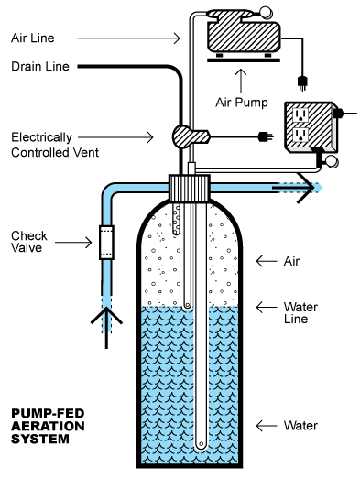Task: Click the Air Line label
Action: (33, 38)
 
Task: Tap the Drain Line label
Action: (40, 66)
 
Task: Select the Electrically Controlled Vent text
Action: (55, 145)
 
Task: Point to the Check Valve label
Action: (29, 242)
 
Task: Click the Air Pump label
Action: (242, 103)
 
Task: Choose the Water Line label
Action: (300, 312)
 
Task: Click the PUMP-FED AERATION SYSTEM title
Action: (48, 426)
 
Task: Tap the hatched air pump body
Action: (244, 36)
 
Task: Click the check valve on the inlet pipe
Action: (106, 243)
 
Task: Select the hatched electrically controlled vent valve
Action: (191, 136)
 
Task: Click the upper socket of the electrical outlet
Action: (300, 115)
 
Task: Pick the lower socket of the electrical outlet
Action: (300, 135)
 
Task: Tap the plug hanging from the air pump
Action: (302, 83)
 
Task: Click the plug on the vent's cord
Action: (266, 136)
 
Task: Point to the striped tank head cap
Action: (190, 188)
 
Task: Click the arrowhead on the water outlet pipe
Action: (306, 188)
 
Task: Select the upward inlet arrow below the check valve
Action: (106, 328)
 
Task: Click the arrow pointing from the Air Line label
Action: (128, 38)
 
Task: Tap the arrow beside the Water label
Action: (267, 426)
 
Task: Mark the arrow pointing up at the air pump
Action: (242, 81)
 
